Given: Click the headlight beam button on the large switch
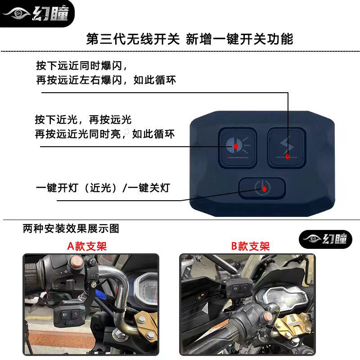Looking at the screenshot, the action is click(237, 148).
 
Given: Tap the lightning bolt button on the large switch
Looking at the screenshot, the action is click(287, 148).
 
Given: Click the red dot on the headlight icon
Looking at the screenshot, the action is click(236, 146).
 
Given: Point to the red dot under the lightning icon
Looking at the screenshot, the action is click(288, 157).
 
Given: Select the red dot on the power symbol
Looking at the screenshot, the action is click(264, 189).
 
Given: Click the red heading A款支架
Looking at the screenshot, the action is click(87, 246).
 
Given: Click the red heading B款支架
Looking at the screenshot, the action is click(250, 246).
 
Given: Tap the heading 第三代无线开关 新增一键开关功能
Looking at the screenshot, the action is click(189, 39).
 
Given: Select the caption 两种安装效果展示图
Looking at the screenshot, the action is click(71, 229).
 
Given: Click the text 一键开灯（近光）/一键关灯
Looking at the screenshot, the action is click(103, 188).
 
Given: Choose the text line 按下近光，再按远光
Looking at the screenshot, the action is click(83, 120).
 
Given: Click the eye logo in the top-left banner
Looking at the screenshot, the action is click(17, 13).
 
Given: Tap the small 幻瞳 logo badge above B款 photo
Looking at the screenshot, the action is click(325, 239).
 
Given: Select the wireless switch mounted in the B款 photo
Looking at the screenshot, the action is click(240, 288).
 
